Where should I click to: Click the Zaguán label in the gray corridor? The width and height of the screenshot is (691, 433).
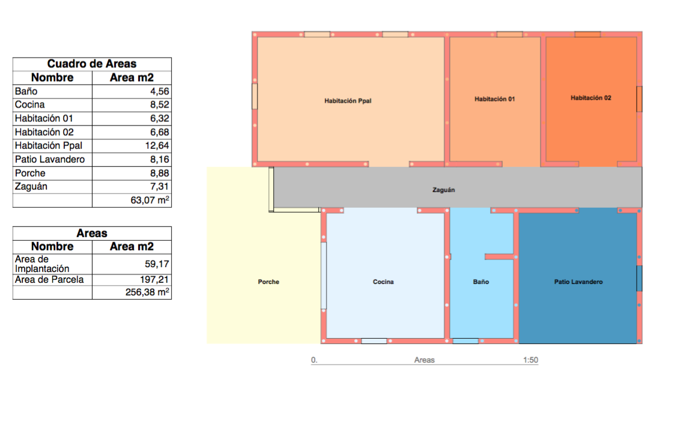tap(443, 190)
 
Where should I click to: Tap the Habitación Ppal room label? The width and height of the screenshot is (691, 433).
tap(348, 101)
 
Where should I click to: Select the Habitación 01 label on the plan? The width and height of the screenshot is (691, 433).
tap(495, 99)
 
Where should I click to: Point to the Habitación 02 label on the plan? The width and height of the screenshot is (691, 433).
tap(591, 98)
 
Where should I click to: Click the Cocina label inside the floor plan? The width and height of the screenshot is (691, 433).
tap(383, 282)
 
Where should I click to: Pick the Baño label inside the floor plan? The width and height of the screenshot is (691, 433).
tap(481, 282)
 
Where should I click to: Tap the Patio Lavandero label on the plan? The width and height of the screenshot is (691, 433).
tap(578, 282)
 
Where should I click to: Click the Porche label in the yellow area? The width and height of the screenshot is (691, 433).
tap(268, 282)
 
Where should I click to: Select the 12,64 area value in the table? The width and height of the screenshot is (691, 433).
tap(157, 146)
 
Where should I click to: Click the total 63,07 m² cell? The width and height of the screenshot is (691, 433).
tap(150, 200)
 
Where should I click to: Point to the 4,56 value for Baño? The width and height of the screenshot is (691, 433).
tap(160, 91)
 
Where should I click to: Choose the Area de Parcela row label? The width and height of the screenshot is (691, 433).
tap(49, 279)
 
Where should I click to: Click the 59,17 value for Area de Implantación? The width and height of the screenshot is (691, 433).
tap(157, 264)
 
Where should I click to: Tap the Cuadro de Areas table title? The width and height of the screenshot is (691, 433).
tap(92, 64)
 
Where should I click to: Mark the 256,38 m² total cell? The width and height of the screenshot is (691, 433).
tap(147, 292)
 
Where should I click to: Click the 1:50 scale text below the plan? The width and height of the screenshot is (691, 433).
tap(531, 360)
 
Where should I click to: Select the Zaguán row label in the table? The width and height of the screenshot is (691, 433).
tap(31, 187)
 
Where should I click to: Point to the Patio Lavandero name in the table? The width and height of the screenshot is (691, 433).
tap(50, 160)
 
